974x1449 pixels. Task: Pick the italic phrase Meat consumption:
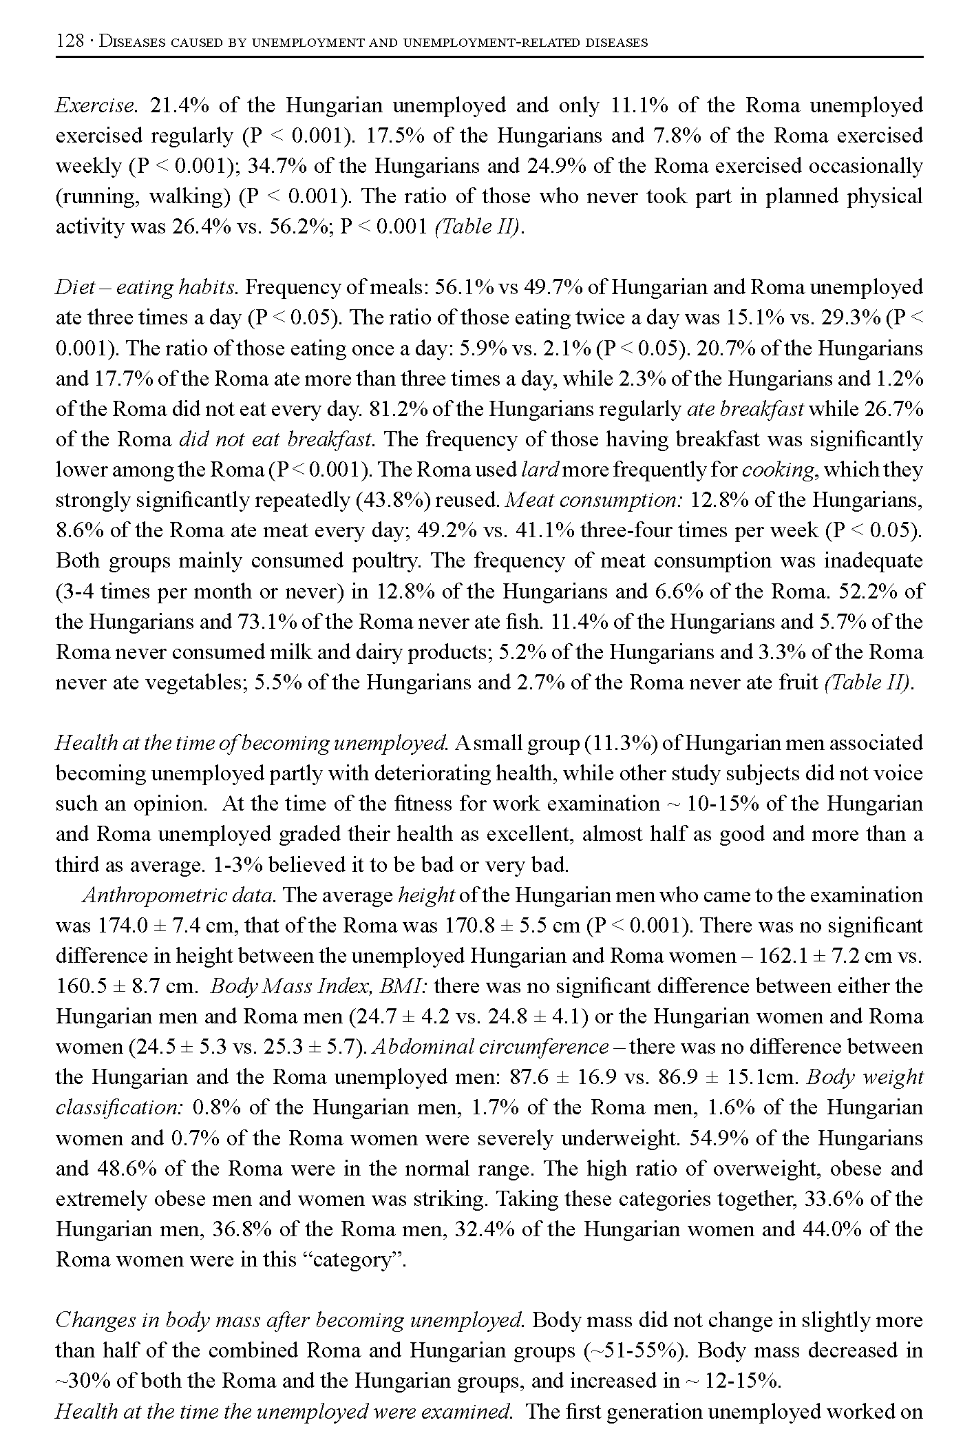click(594, 500)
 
